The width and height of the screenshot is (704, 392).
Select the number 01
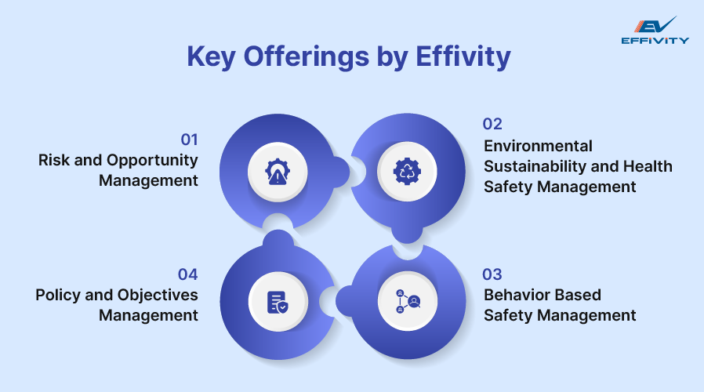pos(189,140)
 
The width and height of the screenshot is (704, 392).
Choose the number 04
pos(188,274)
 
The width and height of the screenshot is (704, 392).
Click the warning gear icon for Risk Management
pos(278,171)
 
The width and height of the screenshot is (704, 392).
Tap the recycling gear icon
pos(407,171)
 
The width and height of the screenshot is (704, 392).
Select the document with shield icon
pos(278,302)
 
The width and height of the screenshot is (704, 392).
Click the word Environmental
pos(538,146)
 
